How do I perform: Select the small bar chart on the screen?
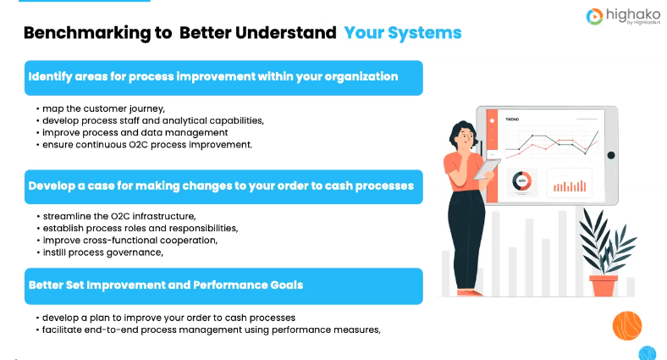pyautogui.click(x=569, y=182)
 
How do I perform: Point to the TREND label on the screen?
pyautogui.click(x=512, y=120)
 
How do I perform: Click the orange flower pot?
pyautogui.click(x=604, y=285)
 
